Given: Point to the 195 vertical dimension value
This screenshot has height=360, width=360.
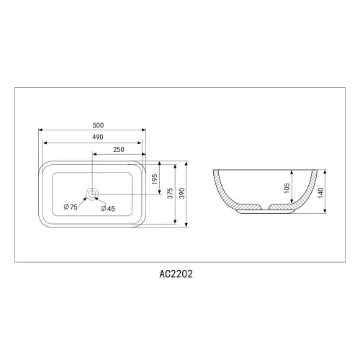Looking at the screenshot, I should [x=155, y=180].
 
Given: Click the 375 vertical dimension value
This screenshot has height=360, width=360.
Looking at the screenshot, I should [x=169, y=194].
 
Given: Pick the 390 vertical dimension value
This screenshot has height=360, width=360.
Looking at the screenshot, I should [x=183, y=194].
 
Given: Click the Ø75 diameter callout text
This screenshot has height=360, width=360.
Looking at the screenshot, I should [x=71, y=208].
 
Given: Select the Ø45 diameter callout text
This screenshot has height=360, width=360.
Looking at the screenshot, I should [x=109, y=208].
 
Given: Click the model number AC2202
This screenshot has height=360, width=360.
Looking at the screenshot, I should [x=175, y=274].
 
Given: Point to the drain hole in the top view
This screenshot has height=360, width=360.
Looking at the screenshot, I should [x=92, y=193].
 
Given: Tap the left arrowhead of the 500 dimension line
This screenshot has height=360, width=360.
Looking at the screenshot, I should [x=40, y=130].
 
